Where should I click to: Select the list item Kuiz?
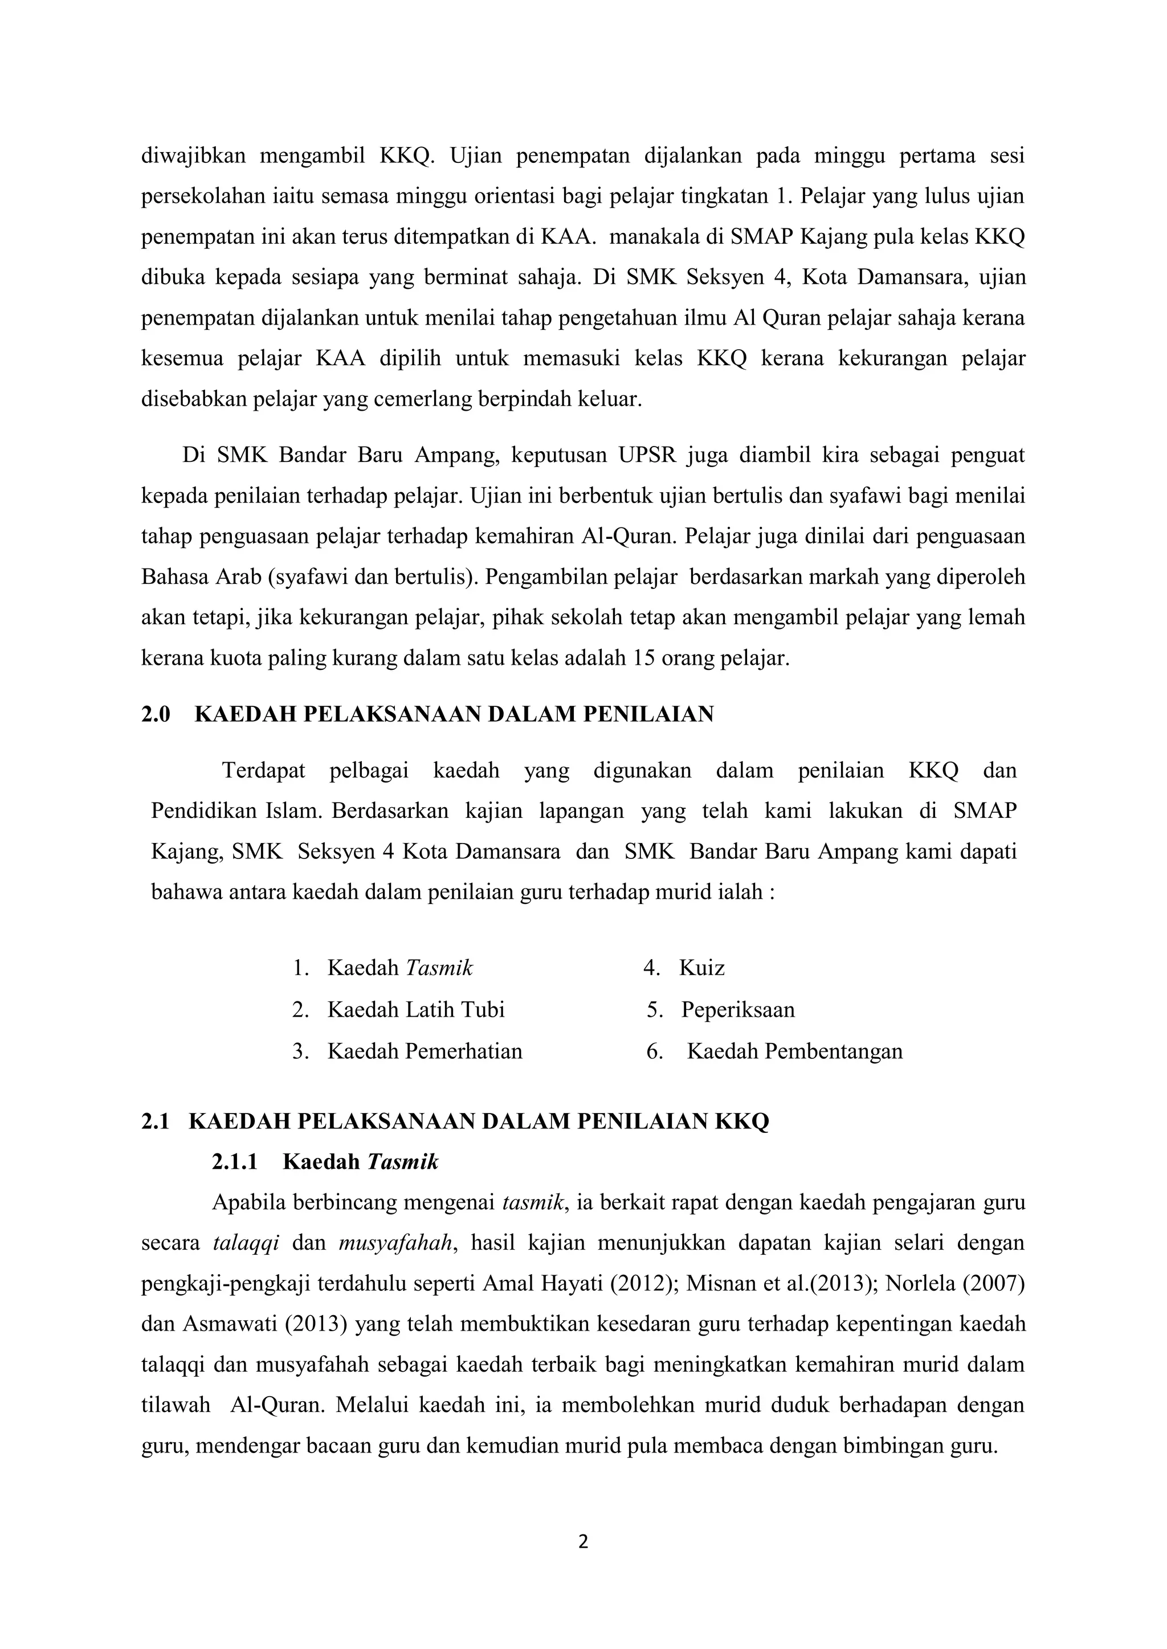pos(701,968)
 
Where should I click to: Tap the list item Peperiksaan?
pos(737,1010)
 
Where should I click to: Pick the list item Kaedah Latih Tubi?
pos(415,1010)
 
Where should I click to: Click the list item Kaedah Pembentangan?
pos(794,1051)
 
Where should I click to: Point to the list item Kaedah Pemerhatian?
pos(425,1051)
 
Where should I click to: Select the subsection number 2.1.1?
pos(234,1162)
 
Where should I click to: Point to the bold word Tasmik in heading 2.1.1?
pos(402,1162)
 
